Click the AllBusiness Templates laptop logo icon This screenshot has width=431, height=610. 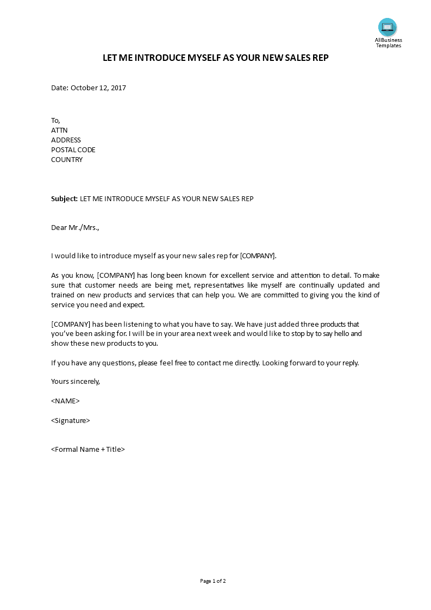click(x=388, y=27)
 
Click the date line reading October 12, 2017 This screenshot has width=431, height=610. click(x=89, y=88)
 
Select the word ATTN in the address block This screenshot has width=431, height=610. click(x=59, y=130)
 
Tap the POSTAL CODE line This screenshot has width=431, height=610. click(x=73, y=150)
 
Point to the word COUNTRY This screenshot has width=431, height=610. click(x=67, y=159)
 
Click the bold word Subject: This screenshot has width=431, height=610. click(x=65, y=198)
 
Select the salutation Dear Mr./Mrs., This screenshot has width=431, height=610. click(x=75, y=228)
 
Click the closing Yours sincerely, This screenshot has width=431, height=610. click(x=76, y=381)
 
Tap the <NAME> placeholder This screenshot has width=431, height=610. click(x=65, y=401)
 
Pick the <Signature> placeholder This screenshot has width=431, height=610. click(x=70, y=420)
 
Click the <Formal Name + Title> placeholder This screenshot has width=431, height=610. click(x=88, y=449)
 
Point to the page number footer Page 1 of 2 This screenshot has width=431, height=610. click(x=213, y=581)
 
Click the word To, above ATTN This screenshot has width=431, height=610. click(x=55, y=120)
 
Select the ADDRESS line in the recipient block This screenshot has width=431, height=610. click(x=66, y=140)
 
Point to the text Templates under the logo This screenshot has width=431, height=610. click(x=389, y=46)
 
